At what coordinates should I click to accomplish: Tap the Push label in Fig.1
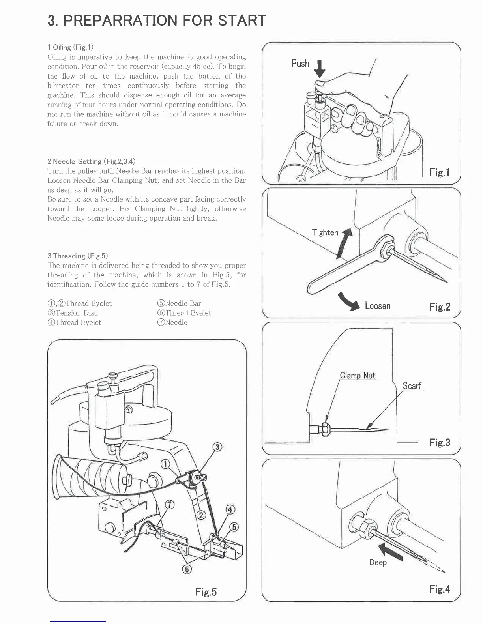(x=300, y=64)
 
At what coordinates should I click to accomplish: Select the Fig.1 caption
(x=440, y=172)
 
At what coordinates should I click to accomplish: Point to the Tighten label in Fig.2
(x=325, y=232)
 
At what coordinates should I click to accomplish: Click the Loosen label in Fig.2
(x=378, y=306)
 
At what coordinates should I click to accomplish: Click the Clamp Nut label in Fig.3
(x=358, y=376)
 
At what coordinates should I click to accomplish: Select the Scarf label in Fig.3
(x=412, y=386)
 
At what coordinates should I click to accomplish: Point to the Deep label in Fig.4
(x=378, y=562)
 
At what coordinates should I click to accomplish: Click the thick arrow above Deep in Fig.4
(x=391, y=551)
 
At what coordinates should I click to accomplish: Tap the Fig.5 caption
(x=206, y=592)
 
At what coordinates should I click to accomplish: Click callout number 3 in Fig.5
(x=217, y=447)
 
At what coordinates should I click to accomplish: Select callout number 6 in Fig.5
(x=187, y=569)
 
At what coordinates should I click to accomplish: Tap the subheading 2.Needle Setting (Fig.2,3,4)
(x=91, y=161)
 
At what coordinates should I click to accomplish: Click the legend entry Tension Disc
(x=73, y=313)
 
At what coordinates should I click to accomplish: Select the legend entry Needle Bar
(x=179, y=303)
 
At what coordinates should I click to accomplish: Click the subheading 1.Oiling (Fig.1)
(x=70, y=47)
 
